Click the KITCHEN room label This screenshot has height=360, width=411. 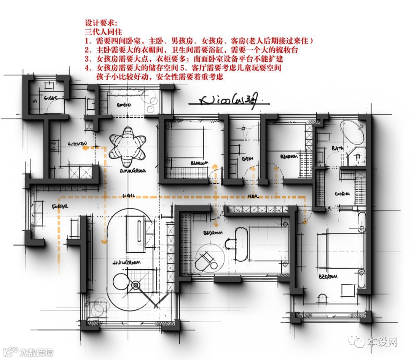point(78,144)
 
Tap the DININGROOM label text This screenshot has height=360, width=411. point(133,171)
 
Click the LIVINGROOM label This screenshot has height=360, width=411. point(127,262)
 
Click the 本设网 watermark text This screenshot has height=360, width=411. point(382,342)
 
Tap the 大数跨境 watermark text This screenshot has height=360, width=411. point(37,352)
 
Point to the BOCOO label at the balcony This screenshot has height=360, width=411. point(124,105)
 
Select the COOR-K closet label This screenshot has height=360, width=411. point(342,194)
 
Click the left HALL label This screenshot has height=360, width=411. point(128,195)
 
